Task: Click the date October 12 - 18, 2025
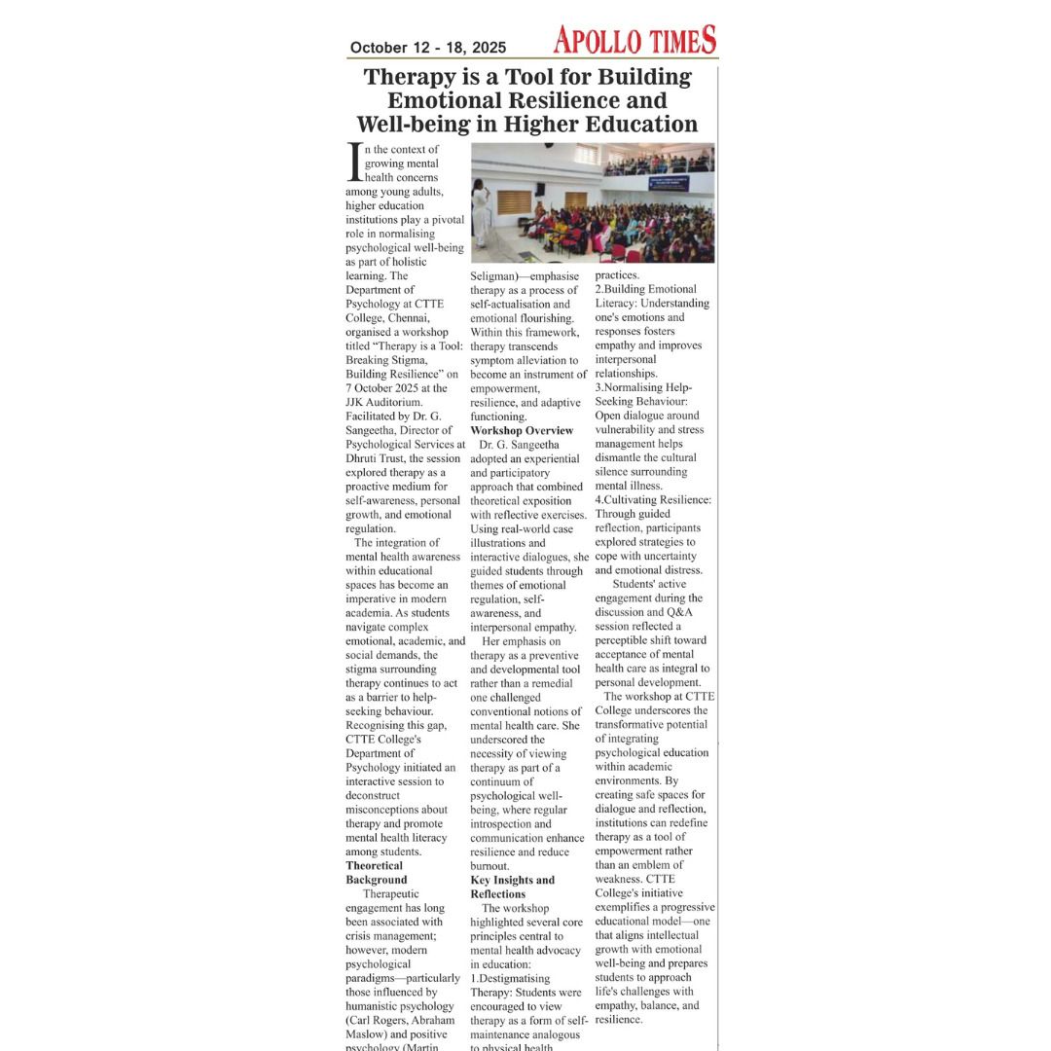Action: click(x=428, y=48)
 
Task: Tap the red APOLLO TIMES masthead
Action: click(x=634, y=40)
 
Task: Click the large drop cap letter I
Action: click(x=354, y=163)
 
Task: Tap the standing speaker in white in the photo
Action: click(x=481, y=214)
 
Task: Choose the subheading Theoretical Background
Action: click(x=376, y=872)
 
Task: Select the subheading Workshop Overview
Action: click(x=522, y=430)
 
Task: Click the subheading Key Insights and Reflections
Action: click(x=512, y=887)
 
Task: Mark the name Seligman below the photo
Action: click(x=498, y=275)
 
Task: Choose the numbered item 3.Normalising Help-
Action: click(x=643, y=387)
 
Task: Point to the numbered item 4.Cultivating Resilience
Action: click(x=653, y=500)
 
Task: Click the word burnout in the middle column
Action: click(x=489, y=866)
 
